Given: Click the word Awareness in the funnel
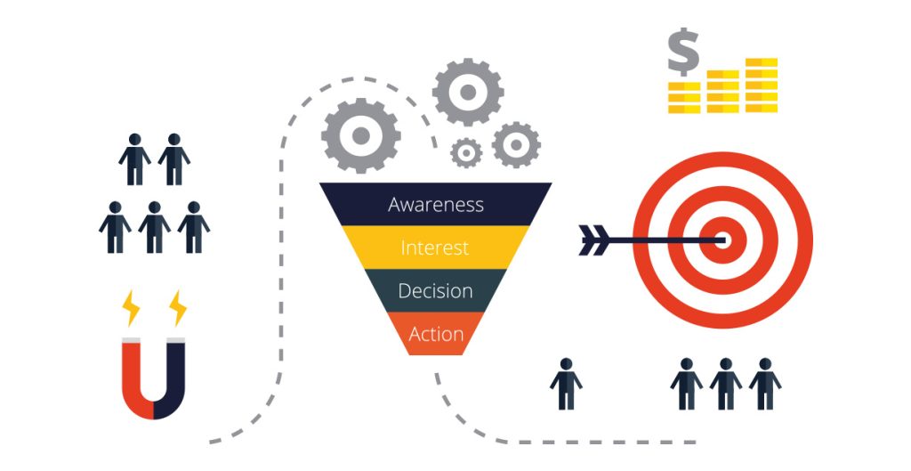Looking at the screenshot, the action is point(436,205).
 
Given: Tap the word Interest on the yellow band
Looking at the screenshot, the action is point(434,248).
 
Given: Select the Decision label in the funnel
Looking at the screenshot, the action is point(435,291).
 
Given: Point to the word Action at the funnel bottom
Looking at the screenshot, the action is point(436,334).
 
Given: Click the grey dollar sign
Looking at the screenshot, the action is point(683,52).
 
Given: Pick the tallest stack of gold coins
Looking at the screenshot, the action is point(762,85).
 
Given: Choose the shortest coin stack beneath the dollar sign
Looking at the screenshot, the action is point(684,97).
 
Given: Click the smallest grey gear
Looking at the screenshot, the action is point(466,153).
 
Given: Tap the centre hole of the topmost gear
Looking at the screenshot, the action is point(468,92).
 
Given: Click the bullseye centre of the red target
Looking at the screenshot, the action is point(722,240).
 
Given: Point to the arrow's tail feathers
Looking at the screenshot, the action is point(593,240).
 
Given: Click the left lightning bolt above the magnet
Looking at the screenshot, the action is point(132,307).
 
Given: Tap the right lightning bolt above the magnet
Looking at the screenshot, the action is point(178,307).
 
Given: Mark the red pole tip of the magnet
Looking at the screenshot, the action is point(131,340).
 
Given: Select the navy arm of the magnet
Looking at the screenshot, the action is point(175,378).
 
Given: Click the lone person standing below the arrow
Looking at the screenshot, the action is point(566,384).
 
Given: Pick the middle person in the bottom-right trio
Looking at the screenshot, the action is point(725,384).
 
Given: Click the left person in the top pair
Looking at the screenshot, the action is point(135,159).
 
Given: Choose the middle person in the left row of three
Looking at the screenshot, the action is point(155,227).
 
